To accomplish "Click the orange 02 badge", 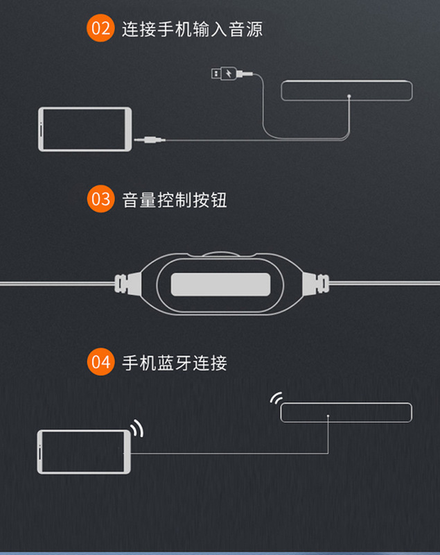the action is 100,29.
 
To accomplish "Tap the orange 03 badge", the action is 100,200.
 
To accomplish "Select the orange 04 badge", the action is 100,362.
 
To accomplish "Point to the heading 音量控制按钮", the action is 175,200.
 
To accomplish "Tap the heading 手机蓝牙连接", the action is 175,362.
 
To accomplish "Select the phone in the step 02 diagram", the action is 85,128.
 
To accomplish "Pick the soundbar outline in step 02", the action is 346,91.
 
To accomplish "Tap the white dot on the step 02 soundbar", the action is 349,96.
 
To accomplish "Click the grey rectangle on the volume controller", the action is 220,284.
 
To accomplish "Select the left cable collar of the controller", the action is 123,283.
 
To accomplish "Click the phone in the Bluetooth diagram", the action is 85,452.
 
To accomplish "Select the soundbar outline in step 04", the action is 346,412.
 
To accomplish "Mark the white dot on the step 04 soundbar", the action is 328,417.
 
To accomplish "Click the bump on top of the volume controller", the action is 220,254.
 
